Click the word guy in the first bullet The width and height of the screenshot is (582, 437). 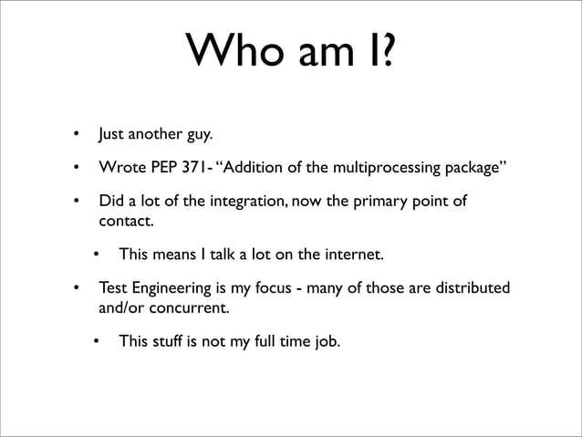(x=200, y=138)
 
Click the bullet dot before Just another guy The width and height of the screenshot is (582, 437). (x=77, y=138)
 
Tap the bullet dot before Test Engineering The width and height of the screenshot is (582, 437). (x=77, y=289)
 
